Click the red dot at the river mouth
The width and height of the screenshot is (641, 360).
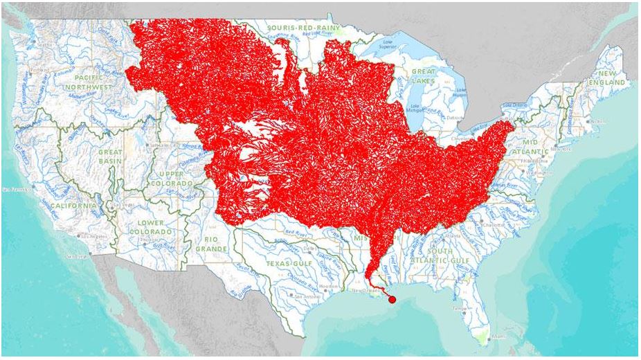[x=392, y=300]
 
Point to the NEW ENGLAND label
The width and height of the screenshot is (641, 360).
[x=611, y=78]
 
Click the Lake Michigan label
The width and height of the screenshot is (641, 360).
[x=415, y=109]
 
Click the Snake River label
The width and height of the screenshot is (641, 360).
[x=109, y=110]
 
